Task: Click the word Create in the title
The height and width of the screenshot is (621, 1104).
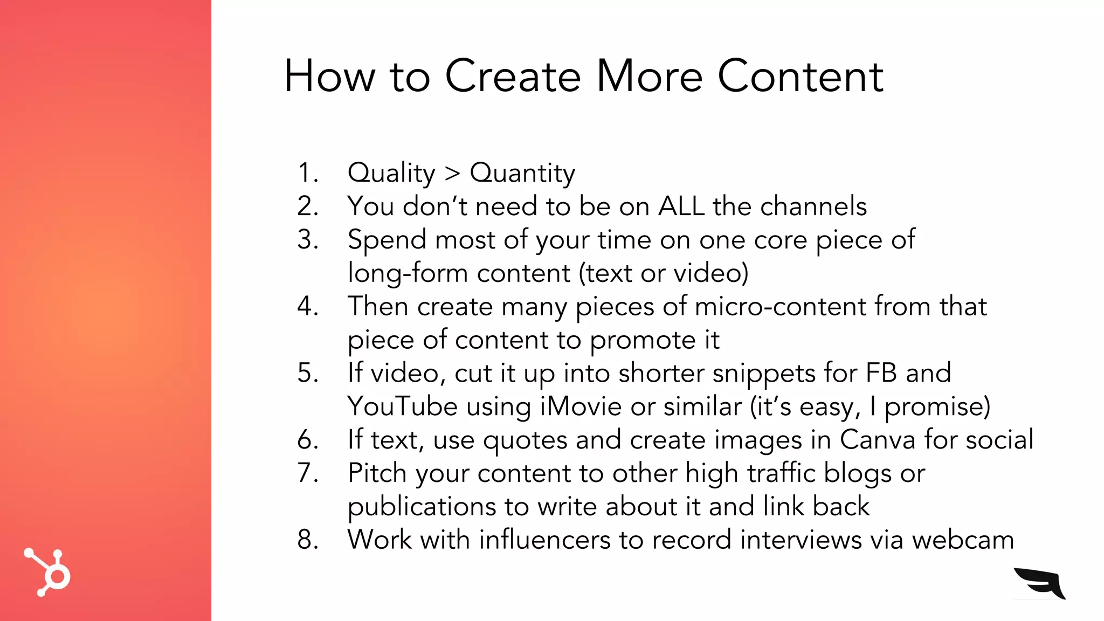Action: coord(512,77)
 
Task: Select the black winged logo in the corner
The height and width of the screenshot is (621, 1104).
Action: coord(1040,583)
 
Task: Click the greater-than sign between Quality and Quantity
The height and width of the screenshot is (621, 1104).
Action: coord(452,174)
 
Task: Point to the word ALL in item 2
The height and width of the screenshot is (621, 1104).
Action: coord(681,206)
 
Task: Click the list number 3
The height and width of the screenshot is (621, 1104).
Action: coord(307,239)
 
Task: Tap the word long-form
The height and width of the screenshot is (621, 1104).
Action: coord(408,273)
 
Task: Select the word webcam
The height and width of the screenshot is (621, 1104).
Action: coord(963,540)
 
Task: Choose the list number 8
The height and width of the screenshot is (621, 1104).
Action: coord(307,540)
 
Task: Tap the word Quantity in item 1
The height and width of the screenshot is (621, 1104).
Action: coord(522,174)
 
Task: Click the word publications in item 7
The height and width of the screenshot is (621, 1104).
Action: coord(422,507)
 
